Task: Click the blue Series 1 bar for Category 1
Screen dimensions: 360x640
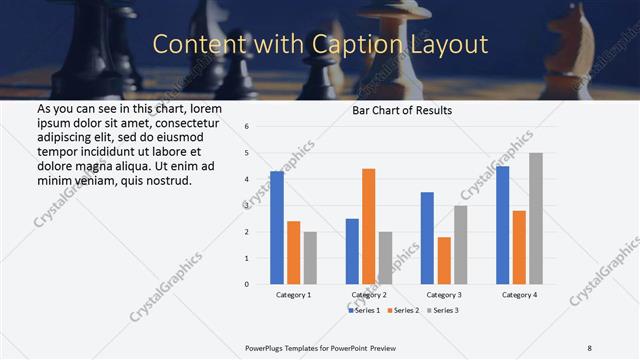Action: tap(277, 228)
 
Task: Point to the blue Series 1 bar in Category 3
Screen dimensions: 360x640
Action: tap(427, 238)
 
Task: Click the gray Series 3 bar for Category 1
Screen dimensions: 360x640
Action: tap(310, 258)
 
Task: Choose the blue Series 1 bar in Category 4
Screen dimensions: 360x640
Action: tap(502, 225)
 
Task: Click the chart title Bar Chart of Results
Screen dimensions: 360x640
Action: tap(402, 110)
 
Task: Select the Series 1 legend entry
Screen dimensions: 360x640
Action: tap(362, 310)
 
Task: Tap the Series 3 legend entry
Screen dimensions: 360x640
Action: tap(441, 310)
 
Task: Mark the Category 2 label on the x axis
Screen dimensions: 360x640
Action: tap(369, 295)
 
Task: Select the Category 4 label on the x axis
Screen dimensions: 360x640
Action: tap(519, 295)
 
